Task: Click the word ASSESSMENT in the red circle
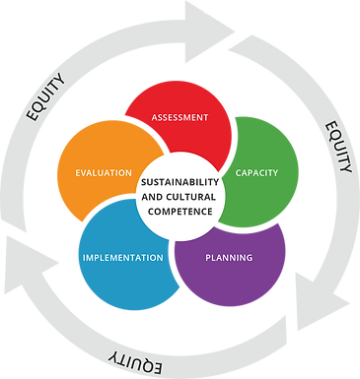click(x=180, y=117)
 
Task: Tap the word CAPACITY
click(x=256, y=173)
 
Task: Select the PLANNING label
click(x=230, y=258)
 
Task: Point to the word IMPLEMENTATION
click(x=123, y=258)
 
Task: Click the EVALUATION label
click(x=104, y=173)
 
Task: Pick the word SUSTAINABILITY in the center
click(x=179, y=182)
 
